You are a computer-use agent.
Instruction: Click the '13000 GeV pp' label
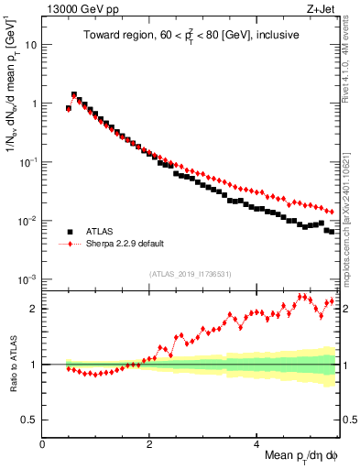pos(76,10)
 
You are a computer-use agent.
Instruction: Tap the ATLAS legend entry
pos(102,232)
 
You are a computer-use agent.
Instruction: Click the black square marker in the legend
pos(70,232)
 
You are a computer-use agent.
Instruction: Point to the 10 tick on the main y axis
pos(30,44)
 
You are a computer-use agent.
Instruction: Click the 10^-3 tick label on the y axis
pos(27,279)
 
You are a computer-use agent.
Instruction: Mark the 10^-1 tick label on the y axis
pos(27,162)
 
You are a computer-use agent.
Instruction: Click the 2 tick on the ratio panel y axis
pos(33,309)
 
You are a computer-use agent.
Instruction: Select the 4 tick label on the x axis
pos(256,444)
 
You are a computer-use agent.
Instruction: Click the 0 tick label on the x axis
pos(43,444)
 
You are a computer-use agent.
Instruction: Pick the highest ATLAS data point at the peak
pos(74,94)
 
